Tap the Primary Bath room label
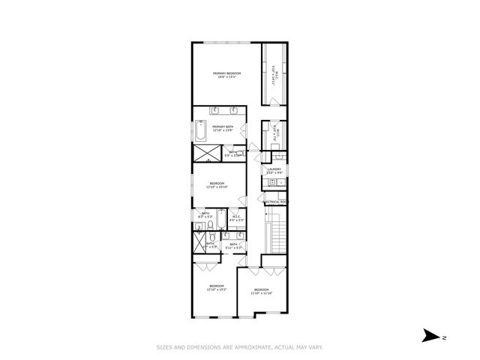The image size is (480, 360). [x=221, y=127]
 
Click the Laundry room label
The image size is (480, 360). [x=274, y=171]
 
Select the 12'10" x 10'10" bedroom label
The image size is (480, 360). [x=217, y=184]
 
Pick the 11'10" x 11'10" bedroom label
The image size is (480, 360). [x=261, y=291]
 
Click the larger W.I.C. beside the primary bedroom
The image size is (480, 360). [x=274, y=75]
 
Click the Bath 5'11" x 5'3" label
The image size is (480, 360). [x=234, y=245]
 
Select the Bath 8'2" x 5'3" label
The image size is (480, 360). [x=205, y=214]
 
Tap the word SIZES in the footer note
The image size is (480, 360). [x=164, y=347]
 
